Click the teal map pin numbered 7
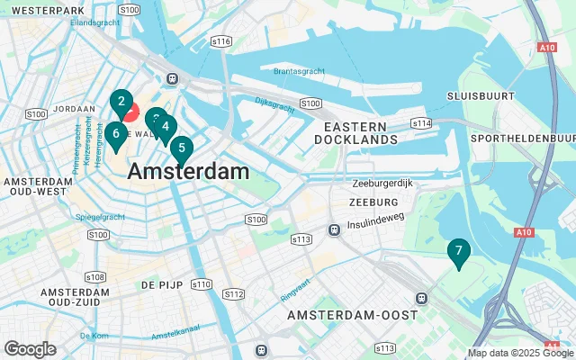[458, 252]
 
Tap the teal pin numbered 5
[182, 148]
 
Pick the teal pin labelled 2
[121, 103]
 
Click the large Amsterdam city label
[188, 171]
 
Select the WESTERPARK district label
[43, 9]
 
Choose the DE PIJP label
[162, 284]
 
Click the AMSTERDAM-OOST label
[353, 315]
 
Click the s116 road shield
[220, 41]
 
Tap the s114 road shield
[422, 122]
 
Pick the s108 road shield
[93, 276]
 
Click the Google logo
[30, 349]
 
